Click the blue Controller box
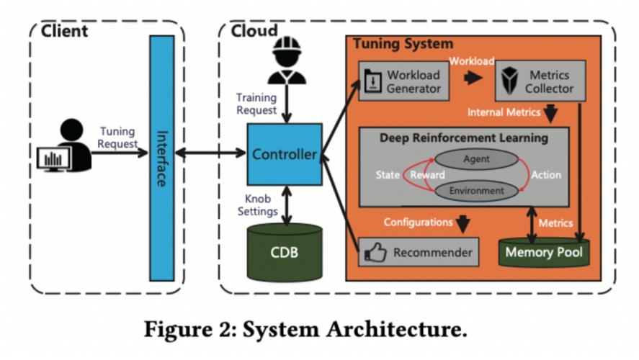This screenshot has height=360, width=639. (284, 154)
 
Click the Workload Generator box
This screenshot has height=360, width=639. (405, 81)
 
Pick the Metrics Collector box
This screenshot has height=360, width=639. (540, 81)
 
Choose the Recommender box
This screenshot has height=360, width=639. (419, 253)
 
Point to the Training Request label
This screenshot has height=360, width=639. (256, 104)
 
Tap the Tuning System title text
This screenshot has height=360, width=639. (403, 45)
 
